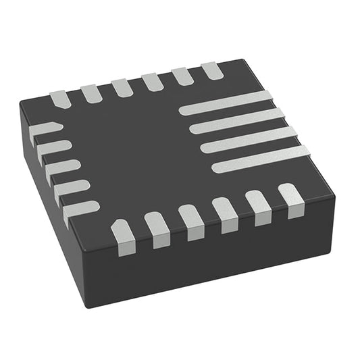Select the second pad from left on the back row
pos(92,93)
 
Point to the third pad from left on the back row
pos(122,88)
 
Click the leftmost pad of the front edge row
pos(124,237)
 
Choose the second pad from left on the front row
pos(157,230)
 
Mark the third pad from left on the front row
pos(191,222)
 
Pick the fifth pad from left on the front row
pos(258,207)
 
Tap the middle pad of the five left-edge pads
pos(61,169)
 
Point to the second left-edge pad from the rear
pos(53,149)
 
